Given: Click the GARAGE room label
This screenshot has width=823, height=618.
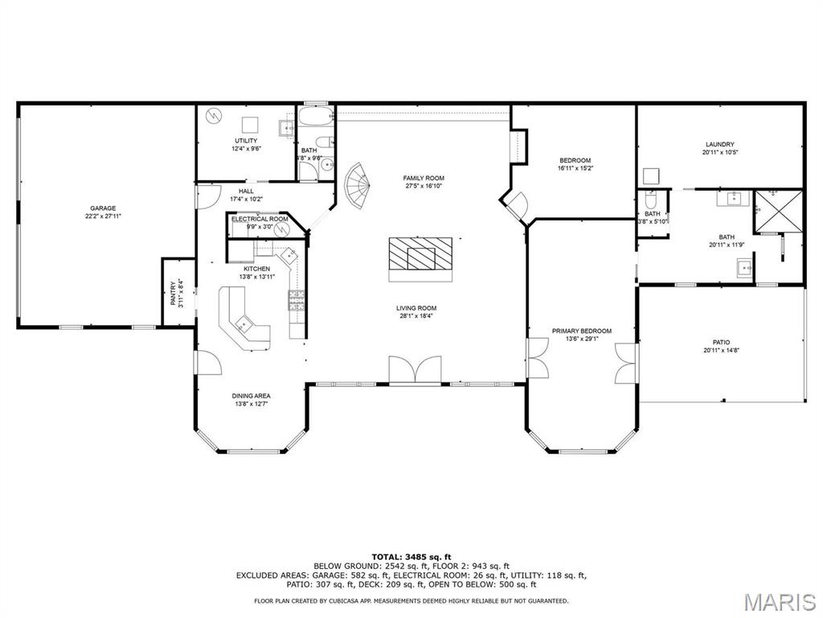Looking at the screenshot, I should tap(103, 208).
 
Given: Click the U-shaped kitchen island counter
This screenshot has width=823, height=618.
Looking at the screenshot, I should tap(243, 319).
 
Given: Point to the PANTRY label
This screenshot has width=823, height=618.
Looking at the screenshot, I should tap(172, 292).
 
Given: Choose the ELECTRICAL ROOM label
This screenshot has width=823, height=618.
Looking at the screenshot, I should tap(260, 219).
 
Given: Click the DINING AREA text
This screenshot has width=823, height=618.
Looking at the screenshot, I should tap(251, 396).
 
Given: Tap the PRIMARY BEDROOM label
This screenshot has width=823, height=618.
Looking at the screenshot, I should tap(581, 331).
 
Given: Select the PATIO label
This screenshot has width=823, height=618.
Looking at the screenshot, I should tap(721, 342).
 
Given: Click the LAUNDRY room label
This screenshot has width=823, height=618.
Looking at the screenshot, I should tap(720, 145).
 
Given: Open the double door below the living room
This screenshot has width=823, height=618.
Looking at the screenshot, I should tap(415, 371).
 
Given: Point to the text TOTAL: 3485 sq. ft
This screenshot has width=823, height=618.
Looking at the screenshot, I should tap(411, 557).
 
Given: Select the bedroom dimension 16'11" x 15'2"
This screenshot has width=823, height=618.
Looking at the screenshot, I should tap(575, 168).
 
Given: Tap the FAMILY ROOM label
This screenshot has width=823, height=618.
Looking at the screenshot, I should tap(424, 178).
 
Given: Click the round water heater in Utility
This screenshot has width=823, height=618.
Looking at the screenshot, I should tap(212, 116).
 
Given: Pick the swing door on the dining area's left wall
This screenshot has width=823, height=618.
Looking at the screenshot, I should tap(207, 364).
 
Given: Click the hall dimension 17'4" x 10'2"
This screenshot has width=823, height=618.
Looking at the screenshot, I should tap(246, 199).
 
